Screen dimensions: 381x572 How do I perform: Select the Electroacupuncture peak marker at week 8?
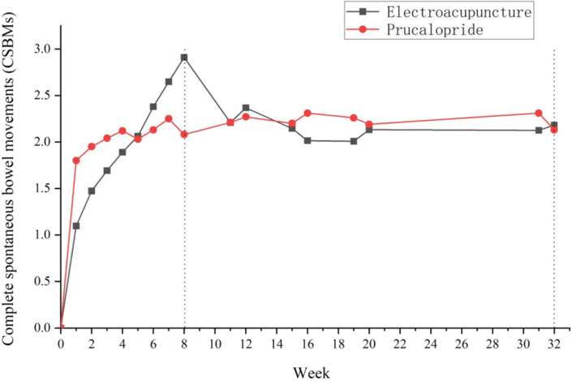coord(184,58)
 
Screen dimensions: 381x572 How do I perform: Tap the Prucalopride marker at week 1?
coord(76,161)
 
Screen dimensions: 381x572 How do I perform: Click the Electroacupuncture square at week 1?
coord(76,225)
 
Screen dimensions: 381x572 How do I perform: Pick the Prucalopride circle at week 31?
coord(539,113)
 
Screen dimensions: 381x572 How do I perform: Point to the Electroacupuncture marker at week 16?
coord(308,140)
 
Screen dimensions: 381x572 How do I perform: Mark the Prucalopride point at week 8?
coord(184,135)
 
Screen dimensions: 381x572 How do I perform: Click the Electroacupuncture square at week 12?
coord(246,108)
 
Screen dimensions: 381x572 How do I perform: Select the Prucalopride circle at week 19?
coord(354,118)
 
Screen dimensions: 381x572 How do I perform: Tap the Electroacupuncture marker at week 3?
coord(107,171)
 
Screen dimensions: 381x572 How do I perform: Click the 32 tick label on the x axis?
coord(554,344)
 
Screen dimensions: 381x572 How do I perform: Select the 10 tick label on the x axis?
coord(215,344)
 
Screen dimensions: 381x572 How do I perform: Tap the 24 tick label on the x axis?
coord(431,344)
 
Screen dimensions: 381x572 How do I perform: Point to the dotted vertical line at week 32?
coord(554,243)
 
